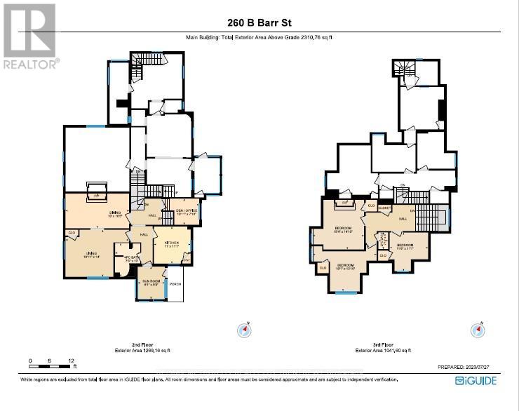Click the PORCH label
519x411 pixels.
pos(175,284)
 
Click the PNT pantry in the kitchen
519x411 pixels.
pos(187,260)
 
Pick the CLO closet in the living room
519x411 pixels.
pos(71,233)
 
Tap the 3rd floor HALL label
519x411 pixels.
pos(403,219)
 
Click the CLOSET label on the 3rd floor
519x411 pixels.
pos(384,208)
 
